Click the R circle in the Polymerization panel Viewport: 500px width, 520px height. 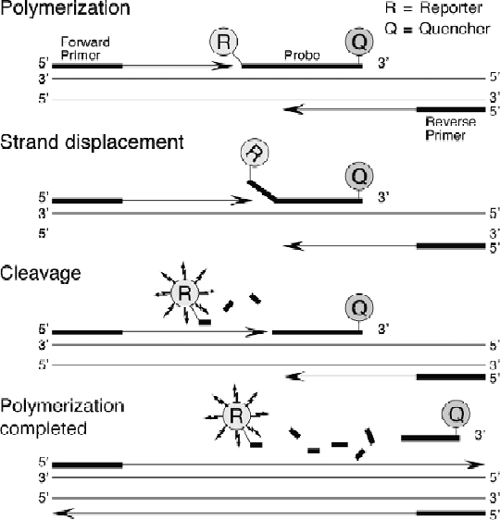(x=225, y=42)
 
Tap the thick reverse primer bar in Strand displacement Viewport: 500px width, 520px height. (x=450, y=245)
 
